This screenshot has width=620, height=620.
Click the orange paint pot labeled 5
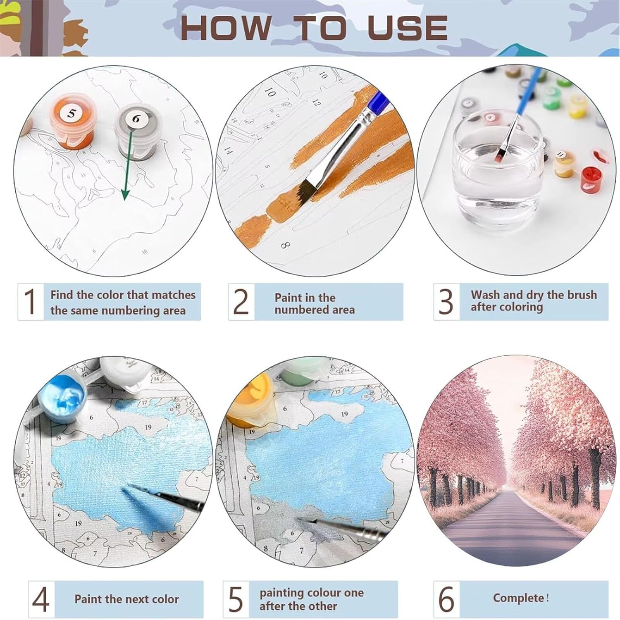pyautogui.click(x=74, y=122)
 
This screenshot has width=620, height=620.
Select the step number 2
pyautogui.click(x=241, y=301)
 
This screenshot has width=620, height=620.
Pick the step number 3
pyautogui.click(x=446, y=301)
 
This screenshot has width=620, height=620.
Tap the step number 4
pyautogui.click(x=41, y=599)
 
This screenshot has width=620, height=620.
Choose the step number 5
pyautogui.click(x=236, y=599)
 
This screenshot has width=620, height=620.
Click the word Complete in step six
pyautogui.click(x=518, y=598)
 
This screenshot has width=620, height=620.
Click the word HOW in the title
pyautogui.click(x=226, y=28)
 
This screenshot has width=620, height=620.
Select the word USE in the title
pyautogui.click(x=407, y=28)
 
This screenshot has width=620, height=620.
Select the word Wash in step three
pyautogui.click(x=485, y=295)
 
